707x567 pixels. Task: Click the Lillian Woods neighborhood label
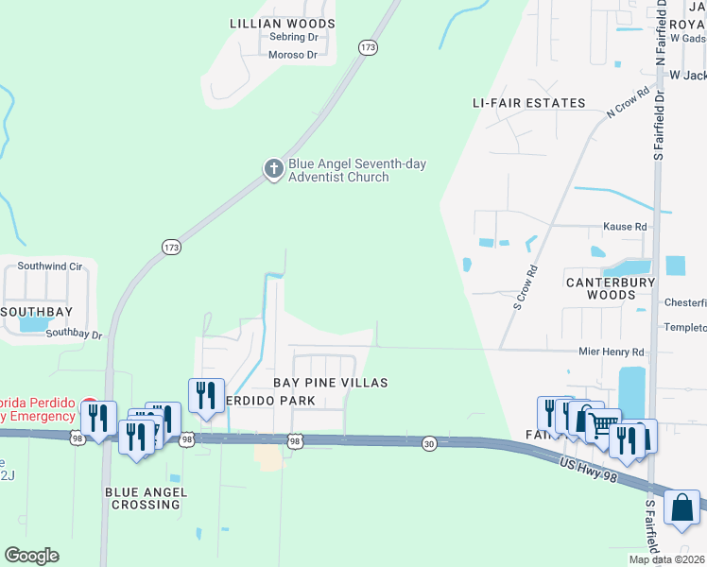(x=283, y=23)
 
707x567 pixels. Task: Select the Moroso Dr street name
(x=292, y=55)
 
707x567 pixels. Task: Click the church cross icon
(x=273, y=169)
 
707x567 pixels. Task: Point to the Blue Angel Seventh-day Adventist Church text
(x=357, y=170)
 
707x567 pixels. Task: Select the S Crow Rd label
(x=526, y=286)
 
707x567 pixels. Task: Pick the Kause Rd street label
(x=625, y=227)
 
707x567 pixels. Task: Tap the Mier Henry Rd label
(x=611, y=352)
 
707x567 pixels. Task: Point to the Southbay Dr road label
(x=73, y=334)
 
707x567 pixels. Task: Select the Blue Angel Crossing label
(x=147, y=498)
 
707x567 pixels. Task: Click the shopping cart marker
(x=602, y=424)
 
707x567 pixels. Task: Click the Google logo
(x=31, y=556)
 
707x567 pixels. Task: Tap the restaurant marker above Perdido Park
(x=207, y=395)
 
